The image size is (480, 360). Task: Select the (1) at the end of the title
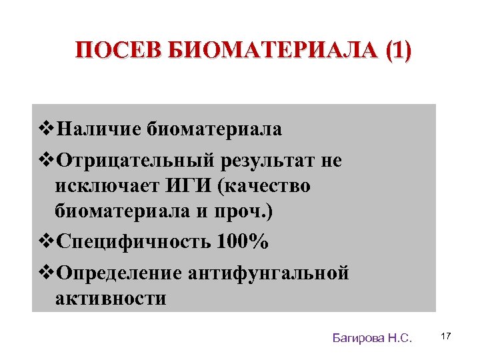pyautogui.click(x=399, y=51)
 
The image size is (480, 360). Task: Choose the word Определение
pyautogui.click(x=119, y=273)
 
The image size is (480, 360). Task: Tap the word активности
pyautogui.click(x=111, y=297)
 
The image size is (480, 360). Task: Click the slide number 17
pyautogui.click(x=446, y=337)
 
